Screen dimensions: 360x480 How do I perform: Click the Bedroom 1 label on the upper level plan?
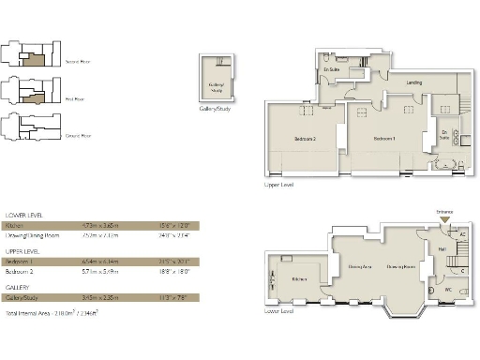pyautogui.click(x=384, y=139)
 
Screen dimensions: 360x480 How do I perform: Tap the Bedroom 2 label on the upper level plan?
pyautogui.click(x=306, y=139)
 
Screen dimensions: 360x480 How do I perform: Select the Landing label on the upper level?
pyautogui.click(x=413, y=83)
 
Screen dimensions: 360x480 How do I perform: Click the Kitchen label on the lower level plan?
pyautogui.click(x=299, y=278)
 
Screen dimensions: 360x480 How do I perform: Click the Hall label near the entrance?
pyautogui.click(x=442, y=249)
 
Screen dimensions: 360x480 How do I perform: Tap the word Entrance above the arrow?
pyautogui.click(x=444, y=213)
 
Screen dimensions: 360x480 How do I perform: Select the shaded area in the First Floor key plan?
pyautogui.click(x=35, y=96)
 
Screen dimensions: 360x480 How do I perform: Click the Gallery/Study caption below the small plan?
pyautogui.click(x=217, y=109)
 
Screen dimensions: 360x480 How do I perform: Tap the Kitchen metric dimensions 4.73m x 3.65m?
pyautogui.click(x=103, y=226)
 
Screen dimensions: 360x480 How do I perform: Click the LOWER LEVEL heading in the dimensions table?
pyautogui.click(x=23, y=216)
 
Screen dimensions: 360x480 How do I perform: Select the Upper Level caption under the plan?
pyautogui.click(x=279, y=185)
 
